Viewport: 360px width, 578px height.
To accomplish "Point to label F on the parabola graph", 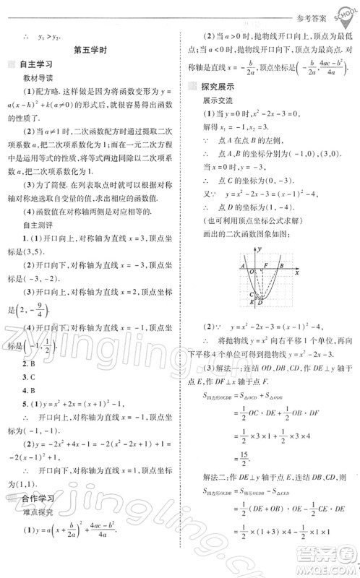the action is click(265, 266).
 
